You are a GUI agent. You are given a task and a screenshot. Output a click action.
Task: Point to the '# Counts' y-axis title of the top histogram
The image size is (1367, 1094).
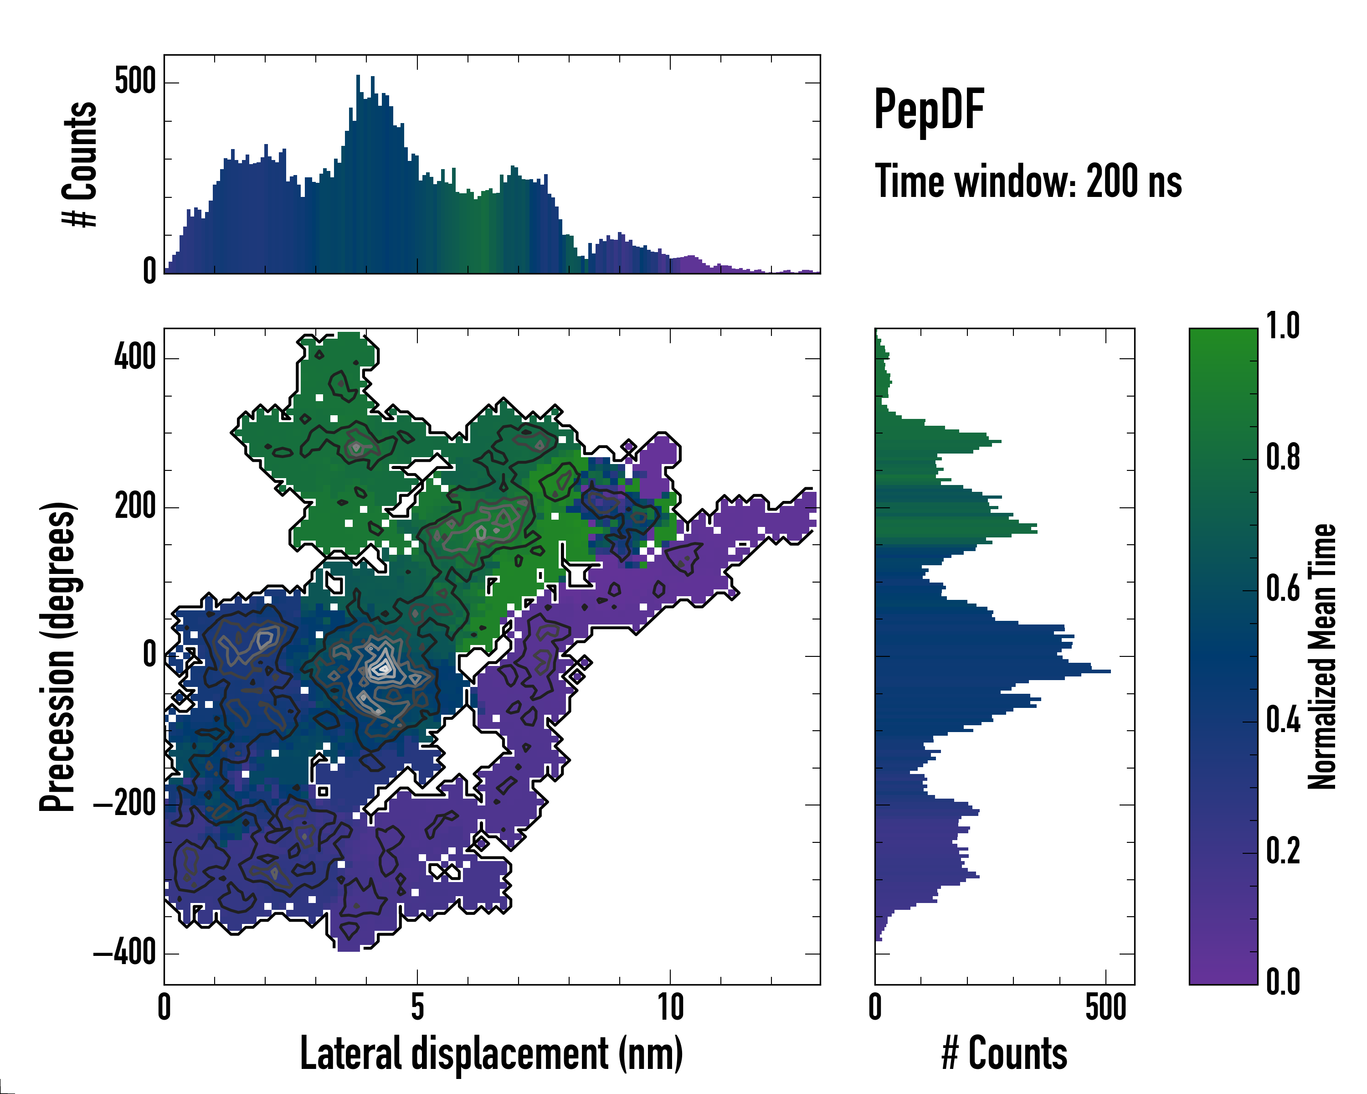pyautogui.click(x=81, y=164)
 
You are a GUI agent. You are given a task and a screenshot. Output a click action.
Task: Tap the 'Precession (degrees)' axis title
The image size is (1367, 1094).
pyautogui.click(x=58, y=656)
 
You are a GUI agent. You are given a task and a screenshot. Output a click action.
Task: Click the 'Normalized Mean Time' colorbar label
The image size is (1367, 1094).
pyautogui.click(x=1322, y=656)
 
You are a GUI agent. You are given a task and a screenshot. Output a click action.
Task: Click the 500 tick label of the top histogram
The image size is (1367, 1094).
pyautogui.click(x=135, y=82)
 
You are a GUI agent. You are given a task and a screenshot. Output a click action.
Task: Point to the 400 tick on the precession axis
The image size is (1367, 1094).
pyautogui.click(x=135, y=358)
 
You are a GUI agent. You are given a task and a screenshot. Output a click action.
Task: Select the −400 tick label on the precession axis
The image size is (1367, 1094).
pyautogui.click(x=125, y=953)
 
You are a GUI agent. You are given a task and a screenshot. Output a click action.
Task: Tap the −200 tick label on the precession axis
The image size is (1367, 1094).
pyautogui.click(x=125, y=804)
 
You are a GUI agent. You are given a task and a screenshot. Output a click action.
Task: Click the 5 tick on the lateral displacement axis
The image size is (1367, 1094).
pyautogui.click(x=417, y=1006)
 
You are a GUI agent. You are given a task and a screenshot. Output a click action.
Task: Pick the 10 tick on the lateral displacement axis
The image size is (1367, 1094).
pyautogui.click(x=670, y=1006)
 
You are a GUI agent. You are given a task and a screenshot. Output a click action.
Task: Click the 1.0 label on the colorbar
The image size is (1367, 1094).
pyautogui.click(x=1283, y=327)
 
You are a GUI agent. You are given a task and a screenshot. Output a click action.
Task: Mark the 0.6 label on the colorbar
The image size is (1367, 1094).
pyautogui.click(x=1283, y=589)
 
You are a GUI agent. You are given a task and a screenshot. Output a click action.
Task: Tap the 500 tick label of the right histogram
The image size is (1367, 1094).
pyautogui.click(x=1106, y=1006)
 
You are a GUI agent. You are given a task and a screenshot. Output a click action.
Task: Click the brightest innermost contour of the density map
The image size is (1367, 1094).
pyautogui.click(x=382, y=668)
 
